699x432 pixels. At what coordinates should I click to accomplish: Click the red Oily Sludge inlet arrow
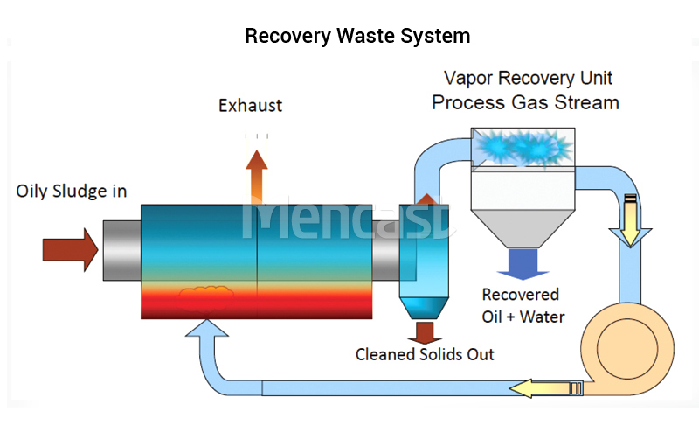click(x=70, y=249)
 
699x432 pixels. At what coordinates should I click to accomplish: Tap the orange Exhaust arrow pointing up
click(x=257, y=177)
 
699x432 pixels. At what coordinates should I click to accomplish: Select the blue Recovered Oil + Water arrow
click(x=523, y=264)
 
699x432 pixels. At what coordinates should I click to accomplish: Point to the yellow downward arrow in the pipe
click(x=630, y=220)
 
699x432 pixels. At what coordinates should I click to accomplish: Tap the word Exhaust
click(x=250, y=106)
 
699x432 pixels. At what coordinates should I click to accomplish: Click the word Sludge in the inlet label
click(x=80, y=192)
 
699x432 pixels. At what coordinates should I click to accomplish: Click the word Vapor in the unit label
click(x=468, y=78)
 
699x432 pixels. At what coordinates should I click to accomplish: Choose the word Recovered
click(x=520, y=295)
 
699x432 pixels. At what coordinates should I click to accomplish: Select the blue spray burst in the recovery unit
click(x=523, y=147)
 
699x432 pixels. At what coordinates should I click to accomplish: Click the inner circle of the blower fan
click(x=627, y=349)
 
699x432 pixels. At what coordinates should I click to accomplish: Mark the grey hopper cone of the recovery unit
click(x=523, y=228)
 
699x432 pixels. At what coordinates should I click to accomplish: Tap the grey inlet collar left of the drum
click(x=122, y=250)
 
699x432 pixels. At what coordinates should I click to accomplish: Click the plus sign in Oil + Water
click(x=511, y=317)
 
